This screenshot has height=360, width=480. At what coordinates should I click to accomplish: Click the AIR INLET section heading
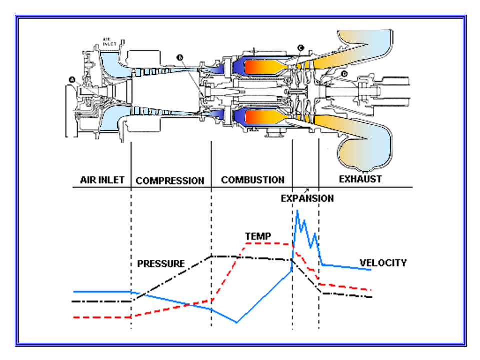pos(102,180)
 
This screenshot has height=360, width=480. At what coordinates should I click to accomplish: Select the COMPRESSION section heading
pos(170,181)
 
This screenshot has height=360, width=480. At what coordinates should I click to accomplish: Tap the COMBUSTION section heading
pos(253,180)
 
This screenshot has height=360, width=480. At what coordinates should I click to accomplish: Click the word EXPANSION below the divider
pos(307,198)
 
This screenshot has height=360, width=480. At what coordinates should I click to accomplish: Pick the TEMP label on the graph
pos(258,236)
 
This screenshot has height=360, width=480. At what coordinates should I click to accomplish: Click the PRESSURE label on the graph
pos(161,263)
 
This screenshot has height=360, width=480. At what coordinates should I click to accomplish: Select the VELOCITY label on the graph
pos(383,263)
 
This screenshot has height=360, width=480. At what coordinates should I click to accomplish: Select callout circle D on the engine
pos(344,74)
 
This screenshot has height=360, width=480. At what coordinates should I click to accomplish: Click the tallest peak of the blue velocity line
pos(297,211)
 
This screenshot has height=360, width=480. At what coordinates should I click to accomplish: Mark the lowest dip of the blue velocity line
pos(236,322)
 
